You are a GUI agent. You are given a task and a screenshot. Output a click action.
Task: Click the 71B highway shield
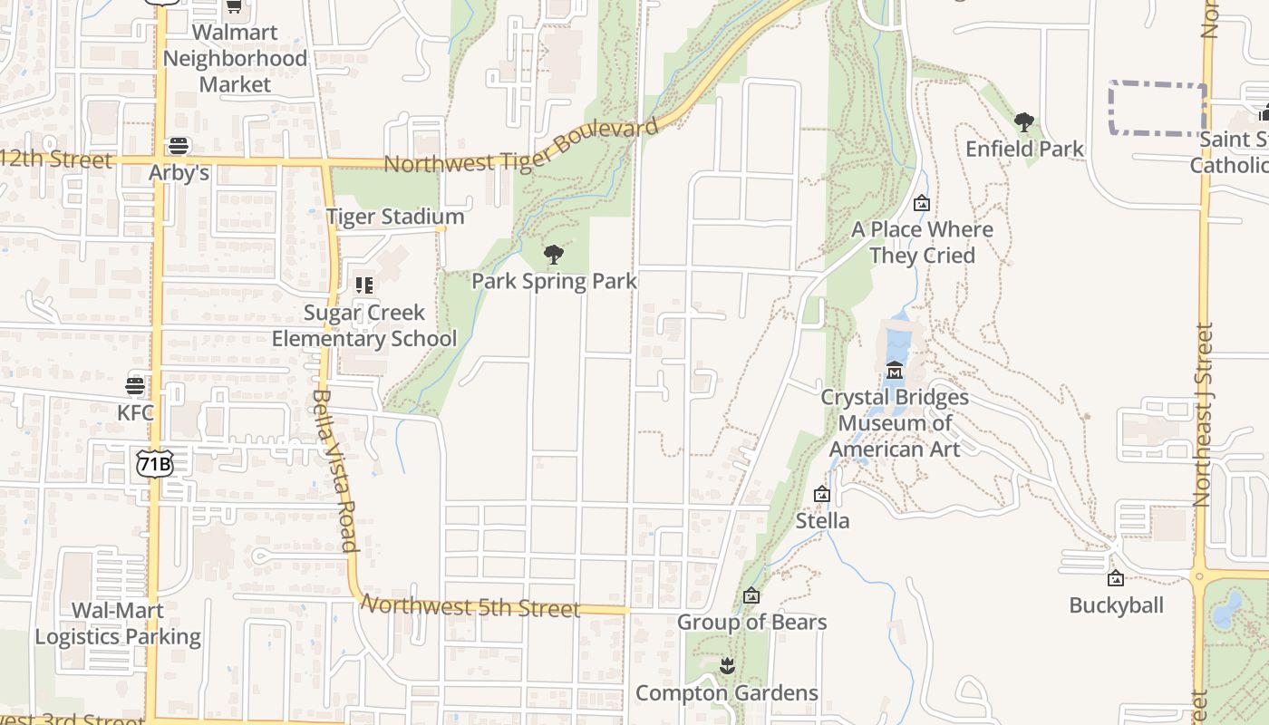tap(154, 464)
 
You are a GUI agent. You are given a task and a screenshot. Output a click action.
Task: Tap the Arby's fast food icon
tap(179, 146)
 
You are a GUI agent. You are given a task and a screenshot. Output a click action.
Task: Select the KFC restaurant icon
tap(135, 387)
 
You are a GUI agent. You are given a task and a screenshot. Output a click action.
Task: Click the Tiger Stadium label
tap(395, 217)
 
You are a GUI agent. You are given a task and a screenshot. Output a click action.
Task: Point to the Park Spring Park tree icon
tap(553, 255)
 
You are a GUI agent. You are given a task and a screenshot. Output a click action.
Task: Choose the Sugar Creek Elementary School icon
tap(364, 285)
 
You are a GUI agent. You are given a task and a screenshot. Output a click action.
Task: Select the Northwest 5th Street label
tap(470, 605)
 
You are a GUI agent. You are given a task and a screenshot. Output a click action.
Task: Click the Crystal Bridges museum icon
tap(895, 371)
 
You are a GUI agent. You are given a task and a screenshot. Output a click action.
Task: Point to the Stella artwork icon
tap(822, 494)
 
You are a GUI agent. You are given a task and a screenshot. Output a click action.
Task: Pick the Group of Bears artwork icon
tap(751, 595)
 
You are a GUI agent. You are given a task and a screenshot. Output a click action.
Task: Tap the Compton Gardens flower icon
tap(726, 667)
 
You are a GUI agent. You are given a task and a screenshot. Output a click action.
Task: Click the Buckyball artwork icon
tap(1116, 578)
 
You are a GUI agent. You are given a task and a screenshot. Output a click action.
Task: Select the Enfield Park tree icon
tap(1024, 121)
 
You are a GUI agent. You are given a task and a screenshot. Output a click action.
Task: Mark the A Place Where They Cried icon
tap(922, 203)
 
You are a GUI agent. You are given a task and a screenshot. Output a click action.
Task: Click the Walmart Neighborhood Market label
tap(235, 58)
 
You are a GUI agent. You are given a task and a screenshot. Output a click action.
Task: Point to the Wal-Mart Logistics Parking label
tap(118, 623)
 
